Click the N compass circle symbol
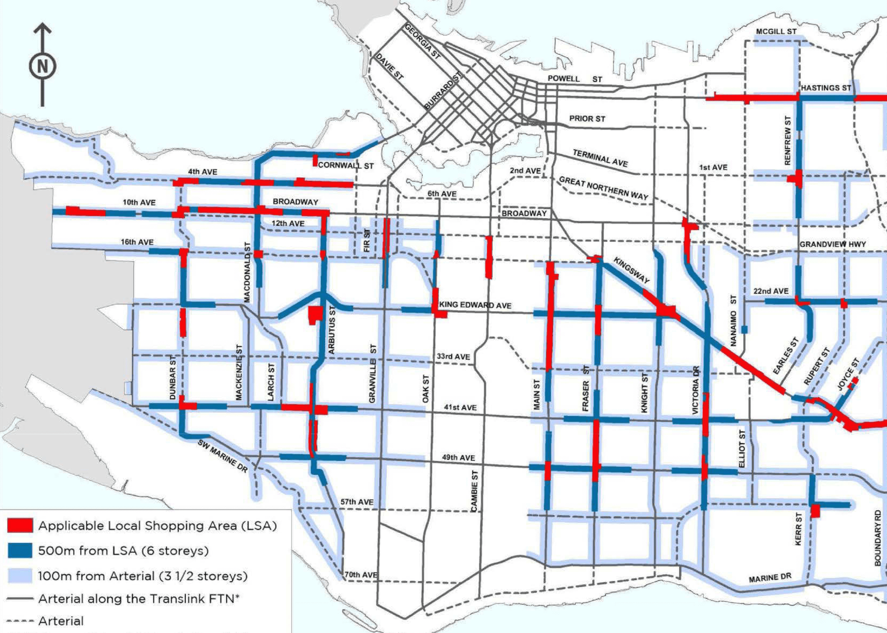click(x=42, y=66)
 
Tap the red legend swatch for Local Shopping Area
click(x=20, y=526)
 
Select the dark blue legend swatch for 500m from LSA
click(x=20, y=550)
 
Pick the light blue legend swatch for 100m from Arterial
click(x=20, y=576)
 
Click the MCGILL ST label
click(x=776, y=32)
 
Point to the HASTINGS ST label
click(x=826, y=88)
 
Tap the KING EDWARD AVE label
click(x=475, y=305)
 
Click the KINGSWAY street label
click(x=632, y=270)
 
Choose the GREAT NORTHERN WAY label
click(x=603, y=188)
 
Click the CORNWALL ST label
click(x=346, y=166)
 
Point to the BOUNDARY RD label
click(x=877, y=538)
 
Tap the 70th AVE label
click(x=361, y=575)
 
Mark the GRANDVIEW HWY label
click(x=833, y=244)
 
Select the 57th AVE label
click(x=357, y=502)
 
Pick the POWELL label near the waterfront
click(x=564, y=79)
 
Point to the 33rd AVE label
click(x=453, y=357)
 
